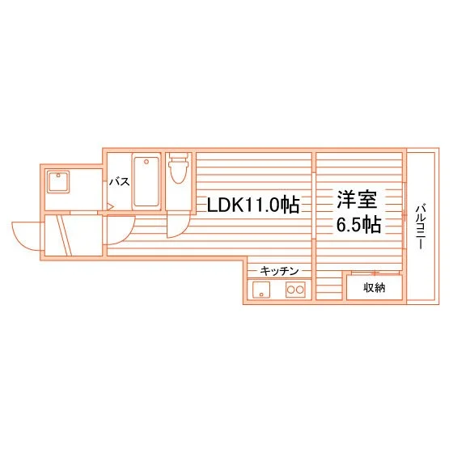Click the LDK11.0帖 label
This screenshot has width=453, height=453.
point(253,205)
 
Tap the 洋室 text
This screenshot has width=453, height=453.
point(357,199)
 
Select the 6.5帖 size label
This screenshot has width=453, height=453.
point(358,223)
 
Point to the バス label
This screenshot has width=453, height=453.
point(120,182)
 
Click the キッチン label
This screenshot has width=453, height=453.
point(279,271)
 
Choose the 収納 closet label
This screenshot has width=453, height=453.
point(374,288)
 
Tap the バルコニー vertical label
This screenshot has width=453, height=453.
point(421,226)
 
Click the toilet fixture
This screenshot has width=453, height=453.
point(179,168)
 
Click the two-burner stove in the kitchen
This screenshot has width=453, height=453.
point(295,290)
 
